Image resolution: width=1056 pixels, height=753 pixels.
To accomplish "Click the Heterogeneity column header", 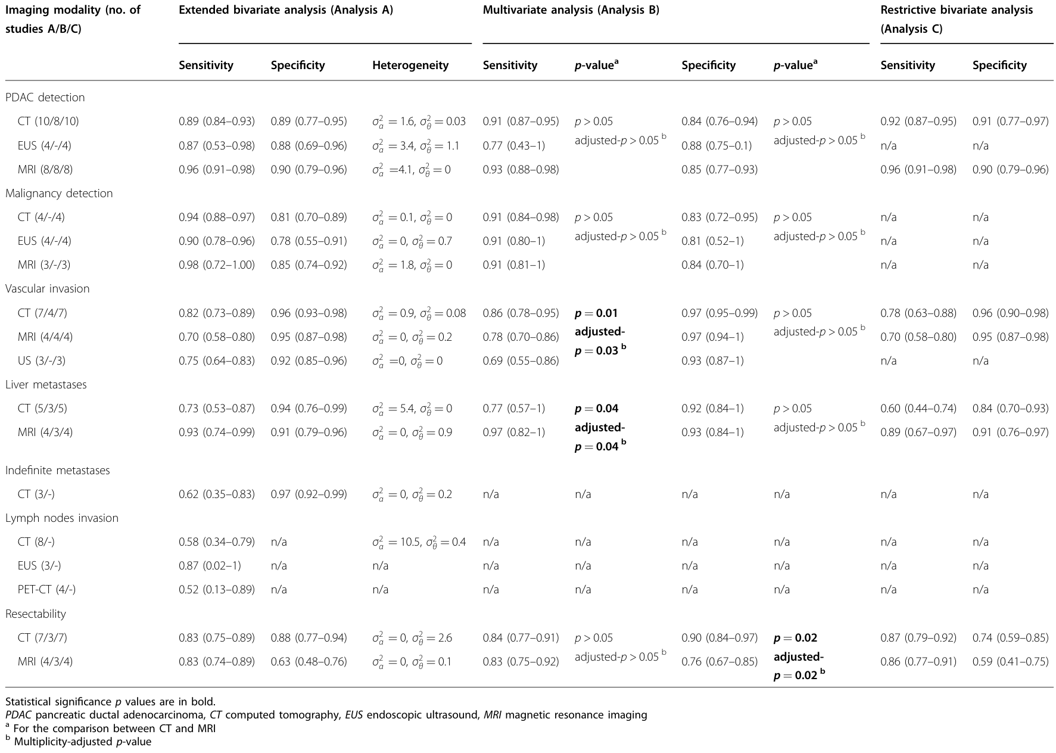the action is click(x=410, y=66).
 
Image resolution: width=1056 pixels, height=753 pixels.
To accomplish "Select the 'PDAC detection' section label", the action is click(x=45, y=98).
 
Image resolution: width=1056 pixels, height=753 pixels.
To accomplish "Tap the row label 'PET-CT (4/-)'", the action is click(x=46, y=590).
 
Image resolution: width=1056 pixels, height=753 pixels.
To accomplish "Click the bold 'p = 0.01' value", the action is click(x=596, y=313).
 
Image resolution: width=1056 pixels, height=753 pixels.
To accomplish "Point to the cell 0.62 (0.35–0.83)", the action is click(x=217, y=494).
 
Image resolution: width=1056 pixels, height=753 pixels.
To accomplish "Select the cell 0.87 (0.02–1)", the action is click(x=210, y=566).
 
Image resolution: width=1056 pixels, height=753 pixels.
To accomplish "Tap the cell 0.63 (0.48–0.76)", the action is click(x=309, y=662).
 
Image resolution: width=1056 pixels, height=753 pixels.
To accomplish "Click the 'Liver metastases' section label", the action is click(x=46, y=385).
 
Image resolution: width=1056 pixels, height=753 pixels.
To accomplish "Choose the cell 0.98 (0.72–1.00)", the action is click(x=217, y=265).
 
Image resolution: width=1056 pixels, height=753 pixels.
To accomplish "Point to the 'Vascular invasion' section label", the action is click(x=48, y=289).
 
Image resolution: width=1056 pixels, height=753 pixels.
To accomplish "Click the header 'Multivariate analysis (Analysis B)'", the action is click(x=571, y=11).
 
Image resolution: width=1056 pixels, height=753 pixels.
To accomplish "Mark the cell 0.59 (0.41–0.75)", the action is click(x=1011, y=662).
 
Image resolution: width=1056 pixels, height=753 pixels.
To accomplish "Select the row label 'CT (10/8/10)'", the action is click(x=48, y=122).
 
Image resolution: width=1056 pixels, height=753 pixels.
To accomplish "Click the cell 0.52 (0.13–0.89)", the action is click(x=217, y=590).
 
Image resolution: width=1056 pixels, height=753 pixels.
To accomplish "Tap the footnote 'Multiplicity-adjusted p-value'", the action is click(x=78, y=742).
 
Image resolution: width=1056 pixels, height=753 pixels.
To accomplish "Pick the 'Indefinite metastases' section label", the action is click(x=58, y=471).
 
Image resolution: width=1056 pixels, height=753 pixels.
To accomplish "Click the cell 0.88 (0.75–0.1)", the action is click(x=717, y=145).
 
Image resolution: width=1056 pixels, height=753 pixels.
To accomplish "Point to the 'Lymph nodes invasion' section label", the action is click(x=62, y=518).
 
